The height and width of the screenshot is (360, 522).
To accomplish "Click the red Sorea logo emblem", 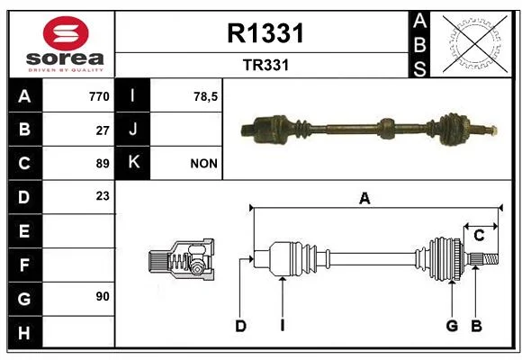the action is point(66,33).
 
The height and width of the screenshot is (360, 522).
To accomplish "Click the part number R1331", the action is point(265,33).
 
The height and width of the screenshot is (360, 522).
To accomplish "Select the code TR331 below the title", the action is point(265,65).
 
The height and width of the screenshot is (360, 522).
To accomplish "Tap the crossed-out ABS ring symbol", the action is point(475,44).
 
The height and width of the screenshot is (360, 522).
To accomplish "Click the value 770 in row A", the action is point(99,96).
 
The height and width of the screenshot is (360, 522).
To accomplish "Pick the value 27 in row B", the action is point(103,130).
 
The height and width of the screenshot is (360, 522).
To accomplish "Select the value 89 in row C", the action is point(103,164).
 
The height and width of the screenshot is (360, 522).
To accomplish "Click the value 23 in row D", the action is point(103,196).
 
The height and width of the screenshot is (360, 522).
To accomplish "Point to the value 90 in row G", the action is point(103,296).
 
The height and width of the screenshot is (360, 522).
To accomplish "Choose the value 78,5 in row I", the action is point(205,96).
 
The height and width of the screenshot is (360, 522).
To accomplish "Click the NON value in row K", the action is point(203,164).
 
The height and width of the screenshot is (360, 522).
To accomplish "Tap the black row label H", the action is point(25,333).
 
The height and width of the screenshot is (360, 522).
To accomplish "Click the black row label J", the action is point(132,129).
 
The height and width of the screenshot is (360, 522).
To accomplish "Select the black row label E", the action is point(25,230).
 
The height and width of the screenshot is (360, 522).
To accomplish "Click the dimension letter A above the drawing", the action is point(364,199).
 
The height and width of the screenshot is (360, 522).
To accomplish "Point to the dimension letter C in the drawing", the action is point(479,236).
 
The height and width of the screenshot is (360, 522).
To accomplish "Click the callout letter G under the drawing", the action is point(452,326).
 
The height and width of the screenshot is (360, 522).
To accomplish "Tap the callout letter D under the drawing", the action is point(240,326).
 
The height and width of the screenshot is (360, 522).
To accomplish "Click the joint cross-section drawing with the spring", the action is point(182,259).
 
